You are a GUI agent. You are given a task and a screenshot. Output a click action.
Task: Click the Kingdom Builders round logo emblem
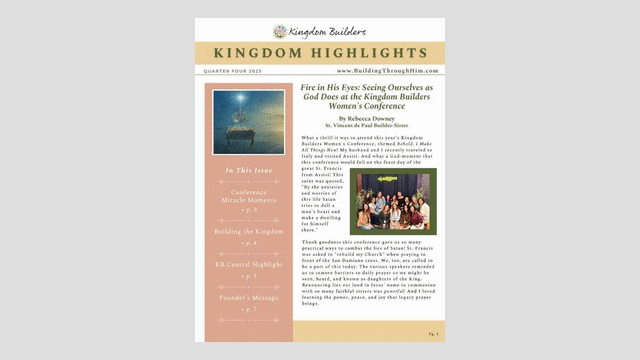click(x=281, y=31)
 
